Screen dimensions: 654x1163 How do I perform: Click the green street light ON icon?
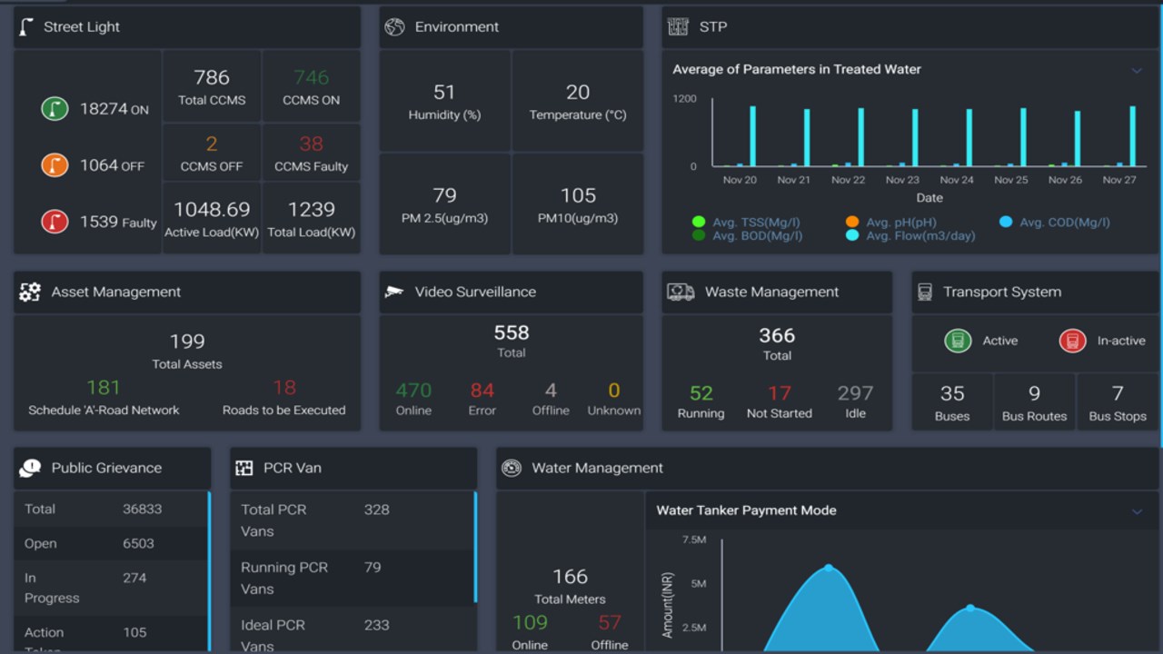(x=55, y=109)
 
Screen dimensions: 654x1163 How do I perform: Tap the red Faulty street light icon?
(x=55, y=222)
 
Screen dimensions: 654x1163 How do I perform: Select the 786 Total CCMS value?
(x=212, y=78)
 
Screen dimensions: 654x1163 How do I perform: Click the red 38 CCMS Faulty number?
(x=311, y=144)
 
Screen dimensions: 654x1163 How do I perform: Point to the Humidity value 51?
(x=444, y=93)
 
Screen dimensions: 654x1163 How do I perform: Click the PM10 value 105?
(x=578, y=196)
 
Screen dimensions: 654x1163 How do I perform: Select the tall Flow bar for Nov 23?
(x=915, y=138)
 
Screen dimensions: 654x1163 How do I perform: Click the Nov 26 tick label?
(x=1065, y=180)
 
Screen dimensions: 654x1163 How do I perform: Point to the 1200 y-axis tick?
(x=684, y=98)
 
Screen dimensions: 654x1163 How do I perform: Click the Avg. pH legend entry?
(x=900, y=223)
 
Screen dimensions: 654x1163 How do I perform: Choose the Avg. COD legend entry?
(x=1063, y=223)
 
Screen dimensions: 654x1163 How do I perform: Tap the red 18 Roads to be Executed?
(x=284, y=388)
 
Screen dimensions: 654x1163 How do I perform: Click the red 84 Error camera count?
(x=482, y=391)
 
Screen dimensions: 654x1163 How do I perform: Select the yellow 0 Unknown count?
(x=614, y=391)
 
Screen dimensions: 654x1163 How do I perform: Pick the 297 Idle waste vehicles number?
(x=855, y=393)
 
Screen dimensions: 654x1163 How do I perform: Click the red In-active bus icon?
(x=1072, y=341)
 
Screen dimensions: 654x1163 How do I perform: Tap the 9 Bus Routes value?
(x=1034, y=393)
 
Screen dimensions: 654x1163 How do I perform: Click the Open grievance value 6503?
(x=138, y=543)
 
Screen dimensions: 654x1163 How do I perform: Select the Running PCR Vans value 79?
(x=373, y=568)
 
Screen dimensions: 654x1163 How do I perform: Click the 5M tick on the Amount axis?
(x=698, y=583)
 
